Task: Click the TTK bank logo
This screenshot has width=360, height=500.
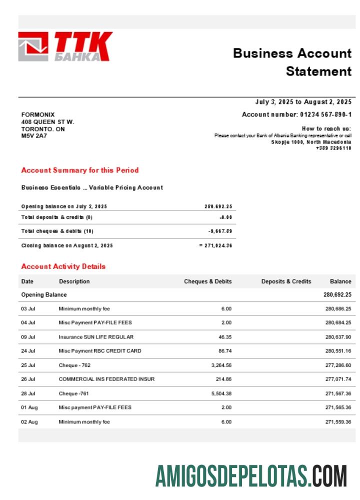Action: (x=65, y=46)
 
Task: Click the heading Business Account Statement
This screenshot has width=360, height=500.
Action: (x=292, y=62)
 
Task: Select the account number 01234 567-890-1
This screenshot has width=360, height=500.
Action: (x=325, y=114)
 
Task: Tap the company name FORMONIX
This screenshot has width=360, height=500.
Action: (x=38, y=114)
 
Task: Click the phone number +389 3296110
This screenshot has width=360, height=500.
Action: (x=333, y=148)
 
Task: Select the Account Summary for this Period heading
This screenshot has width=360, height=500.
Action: (x=80, y=170)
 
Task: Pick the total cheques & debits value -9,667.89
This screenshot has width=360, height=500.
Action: (x=220, y=231)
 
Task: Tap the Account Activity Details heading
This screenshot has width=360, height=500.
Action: (x=63, y=266)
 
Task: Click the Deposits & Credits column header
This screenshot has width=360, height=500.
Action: (x=286, y=281)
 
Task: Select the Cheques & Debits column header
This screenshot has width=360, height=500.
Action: (x=208, y=281)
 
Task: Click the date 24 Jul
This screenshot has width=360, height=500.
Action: (x=28, y=351)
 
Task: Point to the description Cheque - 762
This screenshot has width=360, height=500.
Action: (x=75, y=365)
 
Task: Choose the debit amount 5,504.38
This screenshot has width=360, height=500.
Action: (x=221, y=393)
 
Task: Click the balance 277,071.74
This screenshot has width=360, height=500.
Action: (x=338, y=379)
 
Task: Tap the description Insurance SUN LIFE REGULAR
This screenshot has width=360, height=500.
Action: (x=96, y=337)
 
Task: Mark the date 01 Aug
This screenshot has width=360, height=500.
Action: (x=29, y=407)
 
